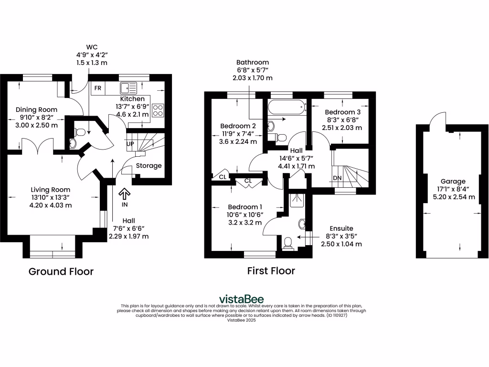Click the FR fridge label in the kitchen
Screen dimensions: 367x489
coord(98,88)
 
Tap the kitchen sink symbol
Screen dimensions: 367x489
coord(128,88)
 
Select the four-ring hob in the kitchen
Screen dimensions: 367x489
coord(158,110)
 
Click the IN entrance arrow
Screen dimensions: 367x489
coord(124,194)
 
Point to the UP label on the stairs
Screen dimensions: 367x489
coord(130,143)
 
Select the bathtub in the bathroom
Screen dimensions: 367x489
coord(286,107)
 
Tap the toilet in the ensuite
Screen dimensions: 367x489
coord(287,243)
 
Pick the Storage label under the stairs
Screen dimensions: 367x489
coord(149,166)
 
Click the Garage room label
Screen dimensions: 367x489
coord(453,181)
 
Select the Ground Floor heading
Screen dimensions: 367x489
coord(61,271)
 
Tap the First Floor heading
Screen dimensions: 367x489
coord(271,271)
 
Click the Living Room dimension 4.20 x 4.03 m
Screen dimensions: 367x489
coord(51,205)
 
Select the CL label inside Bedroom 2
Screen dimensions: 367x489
coord(223,176)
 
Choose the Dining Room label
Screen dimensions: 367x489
coord(30,108)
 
